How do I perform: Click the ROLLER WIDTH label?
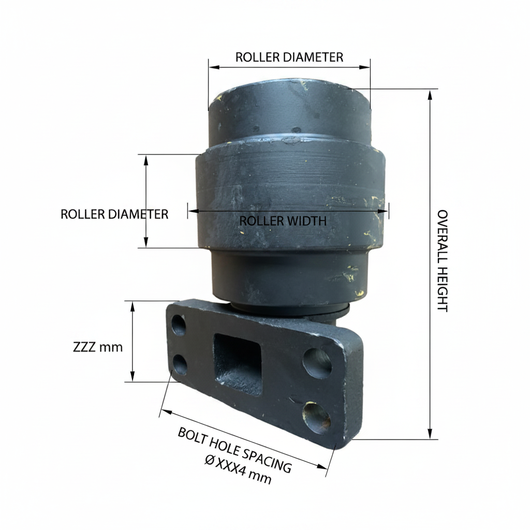283,220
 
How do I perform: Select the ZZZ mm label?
98,347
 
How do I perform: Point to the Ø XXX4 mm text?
238,469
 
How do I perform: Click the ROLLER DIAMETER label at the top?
289,57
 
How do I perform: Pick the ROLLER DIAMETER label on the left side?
114,214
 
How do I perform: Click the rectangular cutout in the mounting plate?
238,364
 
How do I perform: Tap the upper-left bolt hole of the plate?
179,325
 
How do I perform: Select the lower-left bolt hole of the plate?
180,365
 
